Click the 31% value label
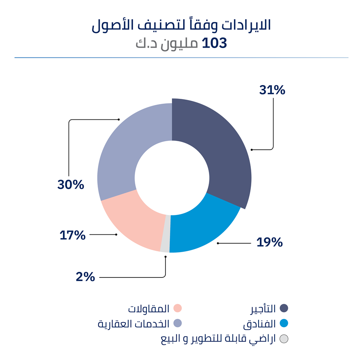pos(272,90)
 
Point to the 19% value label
pos(269,242)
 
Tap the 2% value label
pos(85,277)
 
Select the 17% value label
pos(73,235)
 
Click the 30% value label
pos(71,185)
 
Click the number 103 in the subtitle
pos(214,43)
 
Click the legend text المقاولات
pos(149,309)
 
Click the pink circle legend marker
pos(177,309)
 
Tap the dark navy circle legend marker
pos(284,309)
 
